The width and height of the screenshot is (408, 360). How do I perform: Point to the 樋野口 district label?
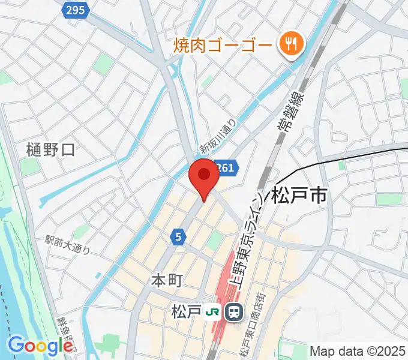[x=51, y=149]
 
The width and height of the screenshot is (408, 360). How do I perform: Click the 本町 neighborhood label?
[x=165, y=280]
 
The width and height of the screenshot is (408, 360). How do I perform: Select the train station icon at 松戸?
[x=233, y=312]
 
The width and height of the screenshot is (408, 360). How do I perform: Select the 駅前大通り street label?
[x=68, y=244]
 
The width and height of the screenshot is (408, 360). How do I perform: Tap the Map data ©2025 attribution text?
[x=358, y=350]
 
